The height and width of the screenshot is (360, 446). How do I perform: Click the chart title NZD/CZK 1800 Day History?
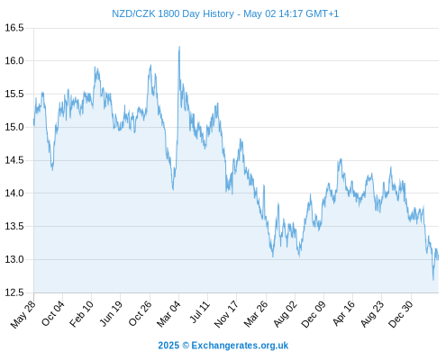pyautogui.click(x=173, y=13)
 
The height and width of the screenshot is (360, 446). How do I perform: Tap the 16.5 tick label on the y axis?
pyautogui.click(x=14, y=28)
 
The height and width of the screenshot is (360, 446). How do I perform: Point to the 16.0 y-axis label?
pyautogui.click(x=14, y=61)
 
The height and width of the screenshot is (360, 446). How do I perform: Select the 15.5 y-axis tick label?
pyautogui.click(x=14, y=94)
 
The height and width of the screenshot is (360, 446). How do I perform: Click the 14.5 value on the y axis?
pyautogui.click(x=14, y=160)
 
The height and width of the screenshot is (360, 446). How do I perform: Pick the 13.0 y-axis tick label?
pyautogui.click(x=14, y=259)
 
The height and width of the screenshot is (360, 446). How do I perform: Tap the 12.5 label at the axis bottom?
pyautogui.click(x=14, y=292)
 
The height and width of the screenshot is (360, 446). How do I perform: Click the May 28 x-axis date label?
pyautogui.click(x=23, y=314)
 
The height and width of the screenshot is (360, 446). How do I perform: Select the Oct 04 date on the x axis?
pyautogui.click(x=53, y=313)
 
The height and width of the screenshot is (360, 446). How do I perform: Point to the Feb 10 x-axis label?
pyautogui.click(x=81, y=314)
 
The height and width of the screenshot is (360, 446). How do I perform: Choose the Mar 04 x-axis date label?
pyautogui.click(x=168, y=314)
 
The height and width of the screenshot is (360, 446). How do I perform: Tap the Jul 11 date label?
pyautogui.click(x=199, y=312)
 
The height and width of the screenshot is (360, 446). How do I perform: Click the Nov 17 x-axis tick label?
pyautogui.click(x=226, y=314)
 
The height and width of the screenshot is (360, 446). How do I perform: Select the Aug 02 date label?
pyautogui.click(x=285, y=314)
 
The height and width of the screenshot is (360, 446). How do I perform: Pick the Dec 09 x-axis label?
pyautogui.click(x=314, y=314)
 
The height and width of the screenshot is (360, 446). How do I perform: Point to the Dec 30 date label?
pyautogui.click(x=401, y=314)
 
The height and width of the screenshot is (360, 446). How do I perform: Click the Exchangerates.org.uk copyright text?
pyautogui.click(x=240, y=346)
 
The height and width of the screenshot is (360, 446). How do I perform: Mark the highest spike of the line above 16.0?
pyautogui.click(x=179, y=47)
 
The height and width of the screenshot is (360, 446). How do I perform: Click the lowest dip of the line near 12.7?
pyautogui.click(x=433, y=280)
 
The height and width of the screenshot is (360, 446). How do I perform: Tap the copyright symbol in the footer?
pyautogui.click(x=186, y=346)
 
